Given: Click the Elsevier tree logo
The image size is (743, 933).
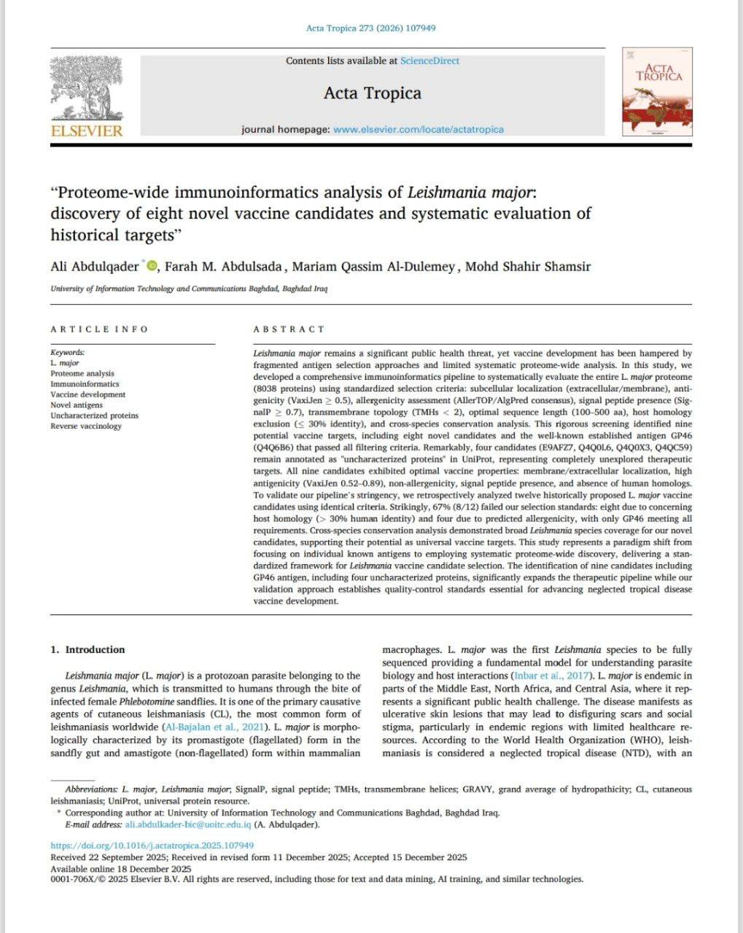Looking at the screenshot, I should pyautogui.click(x=87, y=87).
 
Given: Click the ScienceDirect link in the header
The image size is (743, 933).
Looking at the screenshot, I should pyautogui.click(x=429, y=61).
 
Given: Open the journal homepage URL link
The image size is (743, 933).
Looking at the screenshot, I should pyautogui.click(x=418, y=130).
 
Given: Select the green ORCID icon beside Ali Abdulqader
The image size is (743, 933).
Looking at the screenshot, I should pyautogui.click(x=151, y=266).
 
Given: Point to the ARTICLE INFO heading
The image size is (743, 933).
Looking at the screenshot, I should pyautogui.click(x=99, y=329).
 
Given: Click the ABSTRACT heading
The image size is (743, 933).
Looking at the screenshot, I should pyautogui.click(x=289, y=329).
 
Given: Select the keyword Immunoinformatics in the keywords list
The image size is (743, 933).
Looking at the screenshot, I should pyautogui.click(x=85, y=384).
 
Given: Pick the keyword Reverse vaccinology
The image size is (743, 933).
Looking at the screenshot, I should pyautogui.click(x=86, y=426).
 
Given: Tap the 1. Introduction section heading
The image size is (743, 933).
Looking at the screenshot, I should pyautogui.click(x=87, y=650).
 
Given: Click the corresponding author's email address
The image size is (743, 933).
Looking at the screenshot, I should pyautogui.click(x=188, y=825).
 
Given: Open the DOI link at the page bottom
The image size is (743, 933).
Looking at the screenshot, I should pyautogui.click(x=152, y=846).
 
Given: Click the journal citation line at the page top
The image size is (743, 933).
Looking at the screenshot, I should pyautogui.click(x=371, y=28).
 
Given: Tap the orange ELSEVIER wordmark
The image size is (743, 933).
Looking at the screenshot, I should pyautogui.click(x=87, y=132).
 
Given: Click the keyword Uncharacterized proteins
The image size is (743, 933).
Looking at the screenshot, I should pyautogui.click(x=94, y=415).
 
